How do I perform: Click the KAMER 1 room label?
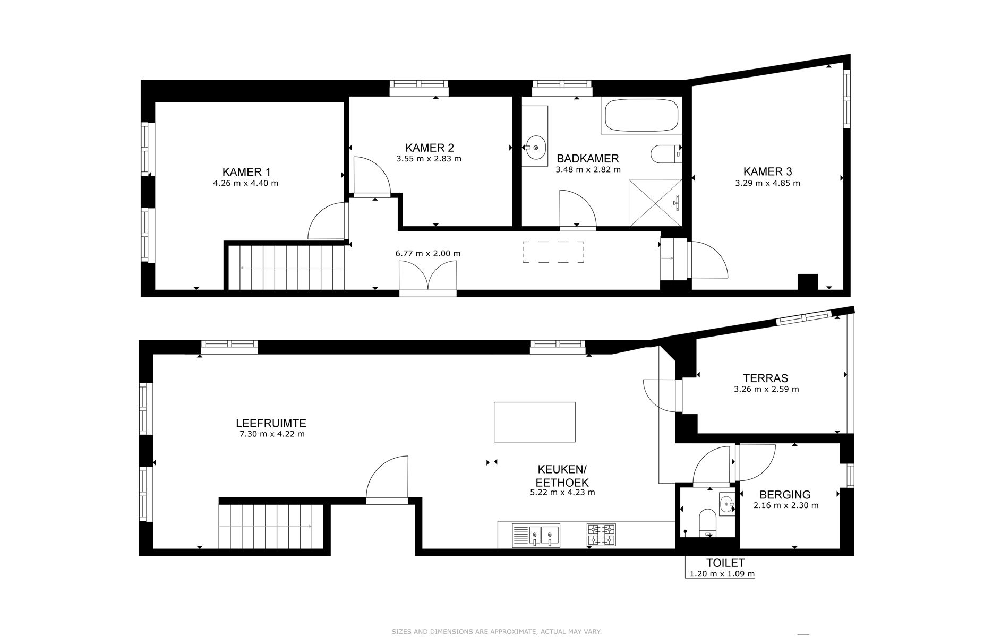pos(246,171)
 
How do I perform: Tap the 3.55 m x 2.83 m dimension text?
pos(429,159)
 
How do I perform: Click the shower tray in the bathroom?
pos(655,203)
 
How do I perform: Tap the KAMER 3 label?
pos(767,171)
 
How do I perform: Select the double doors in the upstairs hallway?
pos(427,277)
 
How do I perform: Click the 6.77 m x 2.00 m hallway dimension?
pos(427,254)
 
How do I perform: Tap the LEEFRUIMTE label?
pos(271,424)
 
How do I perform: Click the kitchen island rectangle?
pos(534,422)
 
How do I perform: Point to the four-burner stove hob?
pos(601,535)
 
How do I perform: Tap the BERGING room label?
pos(784,495)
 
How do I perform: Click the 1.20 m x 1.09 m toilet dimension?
pos(722,574)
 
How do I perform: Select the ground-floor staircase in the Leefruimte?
pos(271,526)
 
